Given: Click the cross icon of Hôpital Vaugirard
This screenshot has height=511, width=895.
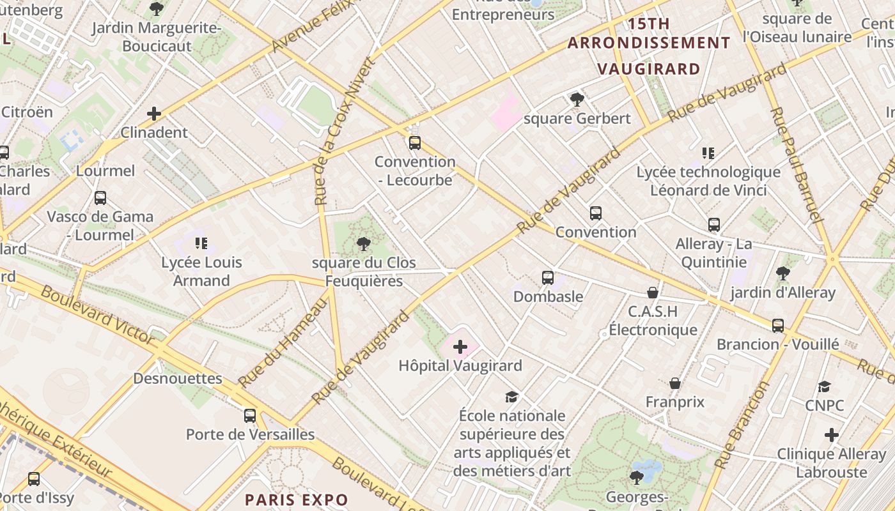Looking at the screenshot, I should (460, 347).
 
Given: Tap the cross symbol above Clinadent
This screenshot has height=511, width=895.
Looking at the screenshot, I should (154, 114).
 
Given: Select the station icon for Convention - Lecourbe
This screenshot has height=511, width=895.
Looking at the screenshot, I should (415, 143).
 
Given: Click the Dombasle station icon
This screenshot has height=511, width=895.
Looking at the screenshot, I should (548, 278).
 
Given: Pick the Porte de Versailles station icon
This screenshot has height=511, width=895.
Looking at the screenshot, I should (250, 416).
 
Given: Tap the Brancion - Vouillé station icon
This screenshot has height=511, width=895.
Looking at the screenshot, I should (777, 326).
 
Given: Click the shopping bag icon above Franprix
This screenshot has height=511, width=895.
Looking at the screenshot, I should (675, 383).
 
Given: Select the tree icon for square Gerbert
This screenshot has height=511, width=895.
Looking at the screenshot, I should (577, 100).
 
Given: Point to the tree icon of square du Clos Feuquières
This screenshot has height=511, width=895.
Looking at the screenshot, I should (364, 243).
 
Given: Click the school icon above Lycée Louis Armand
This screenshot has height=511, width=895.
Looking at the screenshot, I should (202, 243).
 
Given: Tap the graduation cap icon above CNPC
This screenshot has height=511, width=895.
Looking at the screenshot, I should (824, 386).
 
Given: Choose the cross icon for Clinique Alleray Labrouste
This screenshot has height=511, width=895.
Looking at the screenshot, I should (831, 436).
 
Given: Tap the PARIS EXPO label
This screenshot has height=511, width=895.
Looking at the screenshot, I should (297, 500).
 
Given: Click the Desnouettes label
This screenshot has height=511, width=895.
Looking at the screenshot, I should (178, 379).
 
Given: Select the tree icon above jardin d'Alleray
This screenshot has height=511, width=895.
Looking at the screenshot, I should (782, 273).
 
